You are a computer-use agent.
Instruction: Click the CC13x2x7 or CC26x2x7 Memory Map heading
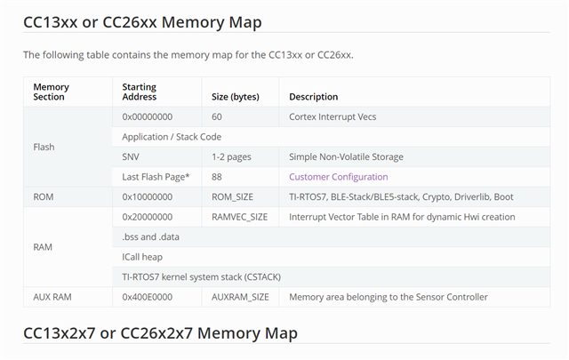pos(160,333)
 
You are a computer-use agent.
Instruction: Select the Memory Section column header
pos(51,92)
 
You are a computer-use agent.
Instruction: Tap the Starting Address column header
pos(140,92)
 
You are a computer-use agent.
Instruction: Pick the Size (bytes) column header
pos(236,96)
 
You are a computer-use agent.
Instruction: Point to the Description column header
pos(314,96)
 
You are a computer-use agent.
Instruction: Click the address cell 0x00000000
pos(148,116)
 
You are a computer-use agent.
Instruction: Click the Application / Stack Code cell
pos(172,137)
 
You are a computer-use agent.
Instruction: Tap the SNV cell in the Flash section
pos(131,156)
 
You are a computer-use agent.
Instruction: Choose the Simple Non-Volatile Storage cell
pos(346,156)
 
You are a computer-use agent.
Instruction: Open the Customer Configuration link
pos(339,177)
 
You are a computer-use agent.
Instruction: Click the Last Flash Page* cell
pos(156,177)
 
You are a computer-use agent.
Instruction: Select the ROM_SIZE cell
pos(233,196)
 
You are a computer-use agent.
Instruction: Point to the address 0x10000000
pos(148,196)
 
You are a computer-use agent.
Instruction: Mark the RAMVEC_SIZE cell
pos(240,217)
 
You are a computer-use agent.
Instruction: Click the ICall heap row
pos(142,257)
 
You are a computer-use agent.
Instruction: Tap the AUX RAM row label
pos(52,297)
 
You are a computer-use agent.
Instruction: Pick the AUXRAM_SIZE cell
pos(240,297)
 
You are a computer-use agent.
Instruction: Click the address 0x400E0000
pos(148,297)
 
